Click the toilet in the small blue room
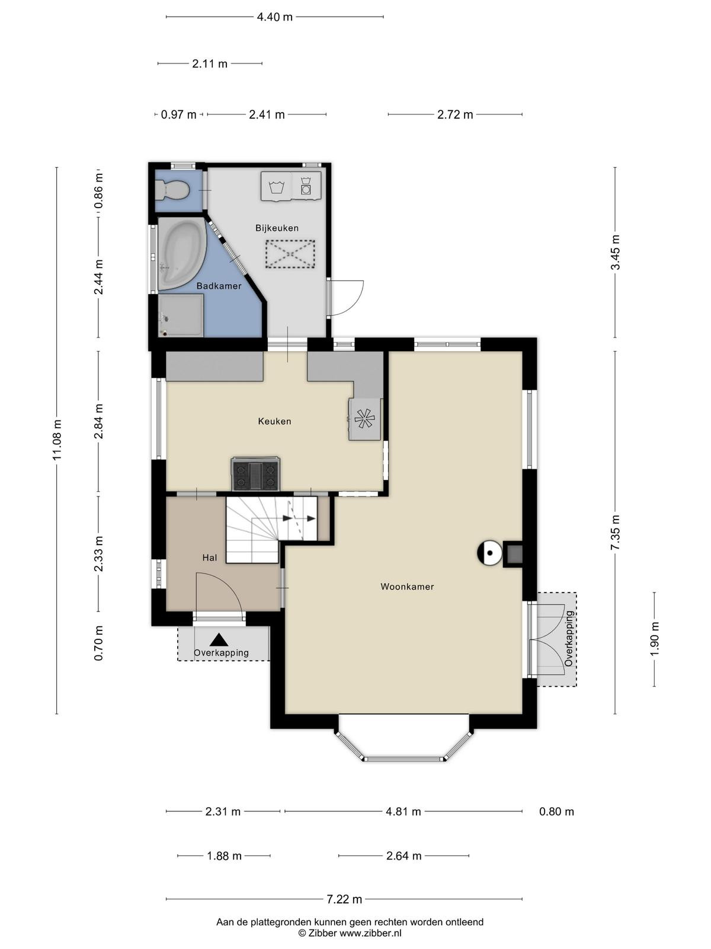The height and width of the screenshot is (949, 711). (x=172, y=189)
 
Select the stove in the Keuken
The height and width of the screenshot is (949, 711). (x=255, y=473)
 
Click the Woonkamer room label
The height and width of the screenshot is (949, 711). (x=407, y=587)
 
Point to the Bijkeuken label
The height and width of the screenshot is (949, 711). (x=277, y=228)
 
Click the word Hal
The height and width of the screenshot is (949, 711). (x=210, y=558)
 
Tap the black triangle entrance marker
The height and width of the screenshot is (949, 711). (x=219, y=639)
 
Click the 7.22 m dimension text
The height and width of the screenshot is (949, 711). (x=344, y=899)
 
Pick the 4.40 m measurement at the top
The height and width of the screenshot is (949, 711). (x=274, y=17)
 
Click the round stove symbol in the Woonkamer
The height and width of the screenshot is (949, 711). (x=489, y=552)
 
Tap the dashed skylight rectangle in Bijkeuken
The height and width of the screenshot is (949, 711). (x=290, y=254)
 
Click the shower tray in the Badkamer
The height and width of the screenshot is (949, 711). (x=181, y=315)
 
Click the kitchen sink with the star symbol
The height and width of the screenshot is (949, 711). (x=365, y=419)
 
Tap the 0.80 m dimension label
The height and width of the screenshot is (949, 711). (x=556, y=811)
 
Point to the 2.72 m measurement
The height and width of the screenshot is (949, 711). (x=455, y=114)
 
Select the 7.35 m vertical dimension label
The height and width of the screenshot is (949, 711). (x=615, y=532)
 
